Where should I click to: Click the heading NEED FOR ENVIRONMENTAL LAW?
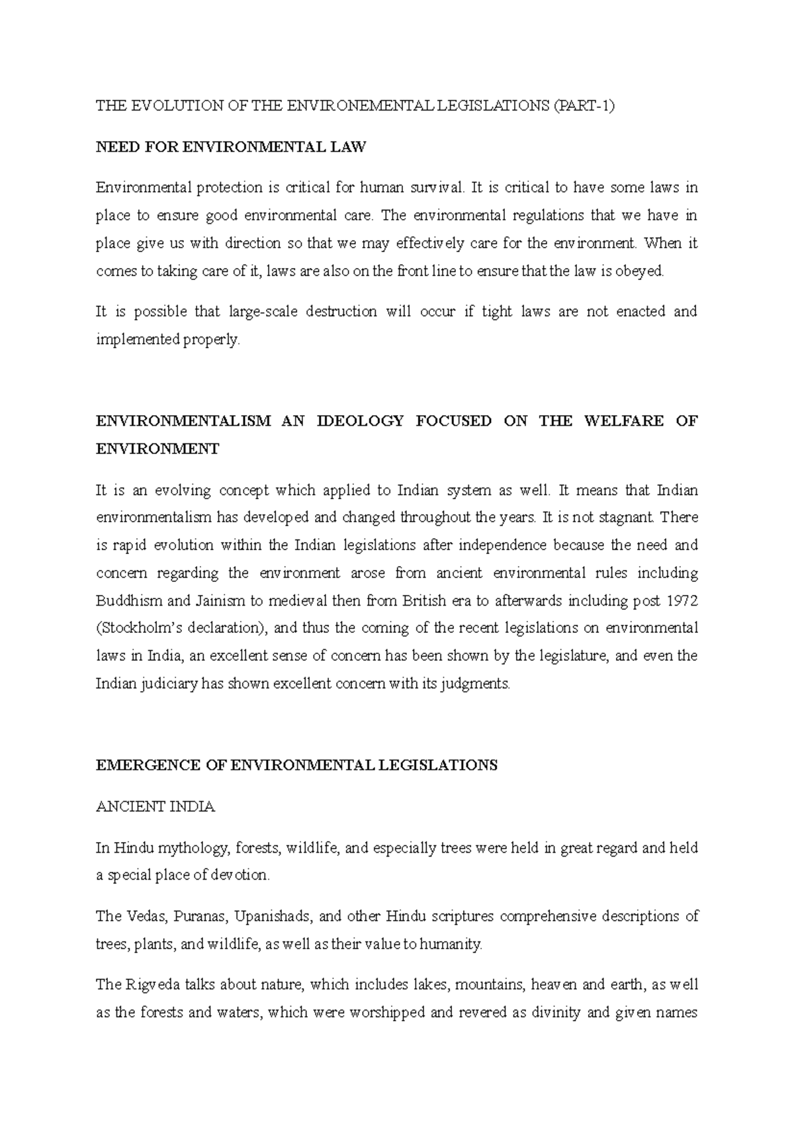(x=230, y=147)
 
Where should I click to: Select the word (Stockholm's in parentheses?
(x=134, y=628)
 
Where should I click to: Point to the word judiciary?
(x=167, y=684)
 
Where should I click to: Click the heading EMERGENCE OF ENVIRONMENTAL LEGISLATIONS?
(x=296, y=766)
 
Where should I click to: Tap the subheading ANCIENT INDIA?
(x=155, y=807)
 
